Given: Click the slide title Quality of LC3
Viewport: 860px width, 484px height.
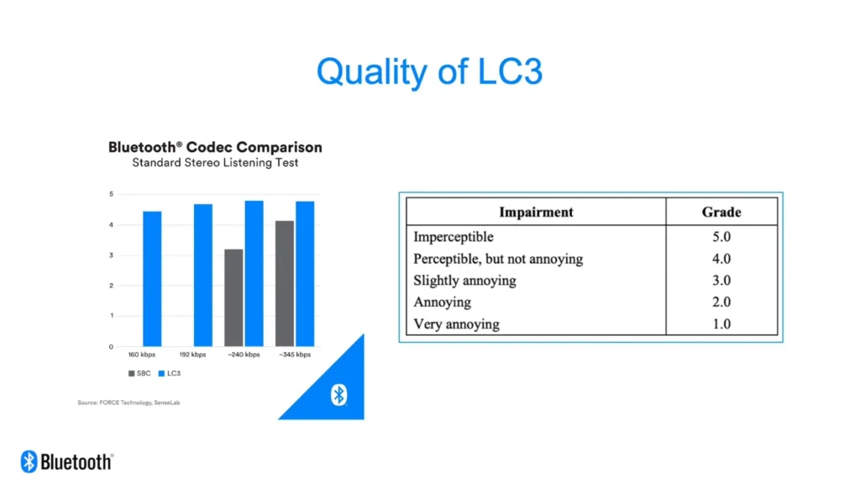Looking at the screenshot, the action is [429, 72].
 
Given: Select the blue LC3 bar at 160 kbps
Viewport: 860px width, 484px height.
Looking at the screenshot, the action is [153, 279].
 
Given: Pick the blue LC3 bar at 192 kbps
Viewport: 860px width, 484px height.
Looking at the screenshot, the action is [203, 275].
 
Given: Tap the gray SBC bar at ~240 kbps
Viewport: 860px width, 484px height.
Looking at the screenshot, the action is [233, 298].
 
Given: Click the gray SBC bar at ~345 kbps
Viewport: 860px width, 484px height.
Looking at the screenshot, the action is [285, 284].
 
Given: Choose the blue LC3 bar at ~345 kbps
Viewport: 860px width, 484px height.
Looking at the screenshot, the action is [305, 274].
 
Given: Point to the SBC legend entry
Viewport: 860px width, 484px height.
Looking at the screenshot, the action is [139, 373].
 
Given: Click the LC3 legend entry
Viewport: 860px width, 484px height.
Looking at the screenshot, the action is [170, 373].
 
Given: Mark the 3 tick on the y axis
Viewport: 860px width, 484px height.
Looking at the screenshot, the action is [112, 255].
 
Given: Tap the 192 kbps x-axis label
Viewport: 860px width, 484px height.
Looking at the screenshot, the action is [192, 355].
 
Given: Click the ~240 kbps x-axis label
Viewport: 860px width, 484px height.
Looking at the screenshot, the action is [244, 355].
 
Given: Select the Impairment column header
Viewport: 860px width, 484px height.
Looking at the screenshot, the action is [536, 212].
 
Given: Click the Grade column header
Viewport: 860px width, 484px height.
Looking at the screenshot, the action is [721, 212].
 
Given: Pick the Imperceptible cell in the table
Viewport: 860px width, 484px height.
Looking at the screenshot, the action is [454, 236].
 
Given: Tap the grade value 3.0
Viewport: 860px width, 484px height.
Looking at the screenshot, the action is [721, 281].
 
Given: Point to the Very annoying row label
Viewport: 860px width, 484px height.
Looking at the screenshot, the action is [456, 324].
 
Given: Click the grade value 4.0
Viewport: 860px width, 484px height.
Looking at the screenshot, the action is [721, 259].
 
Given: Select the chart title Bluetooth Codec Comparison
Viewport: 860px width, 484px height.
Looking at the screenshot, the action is [215, 147].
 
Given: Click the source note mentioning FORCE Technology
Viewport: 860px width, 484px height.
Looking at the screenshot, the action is [128, 402].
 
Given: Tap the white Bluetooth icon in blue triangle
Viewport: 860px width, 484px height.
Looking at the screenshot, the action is [339, 395].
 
